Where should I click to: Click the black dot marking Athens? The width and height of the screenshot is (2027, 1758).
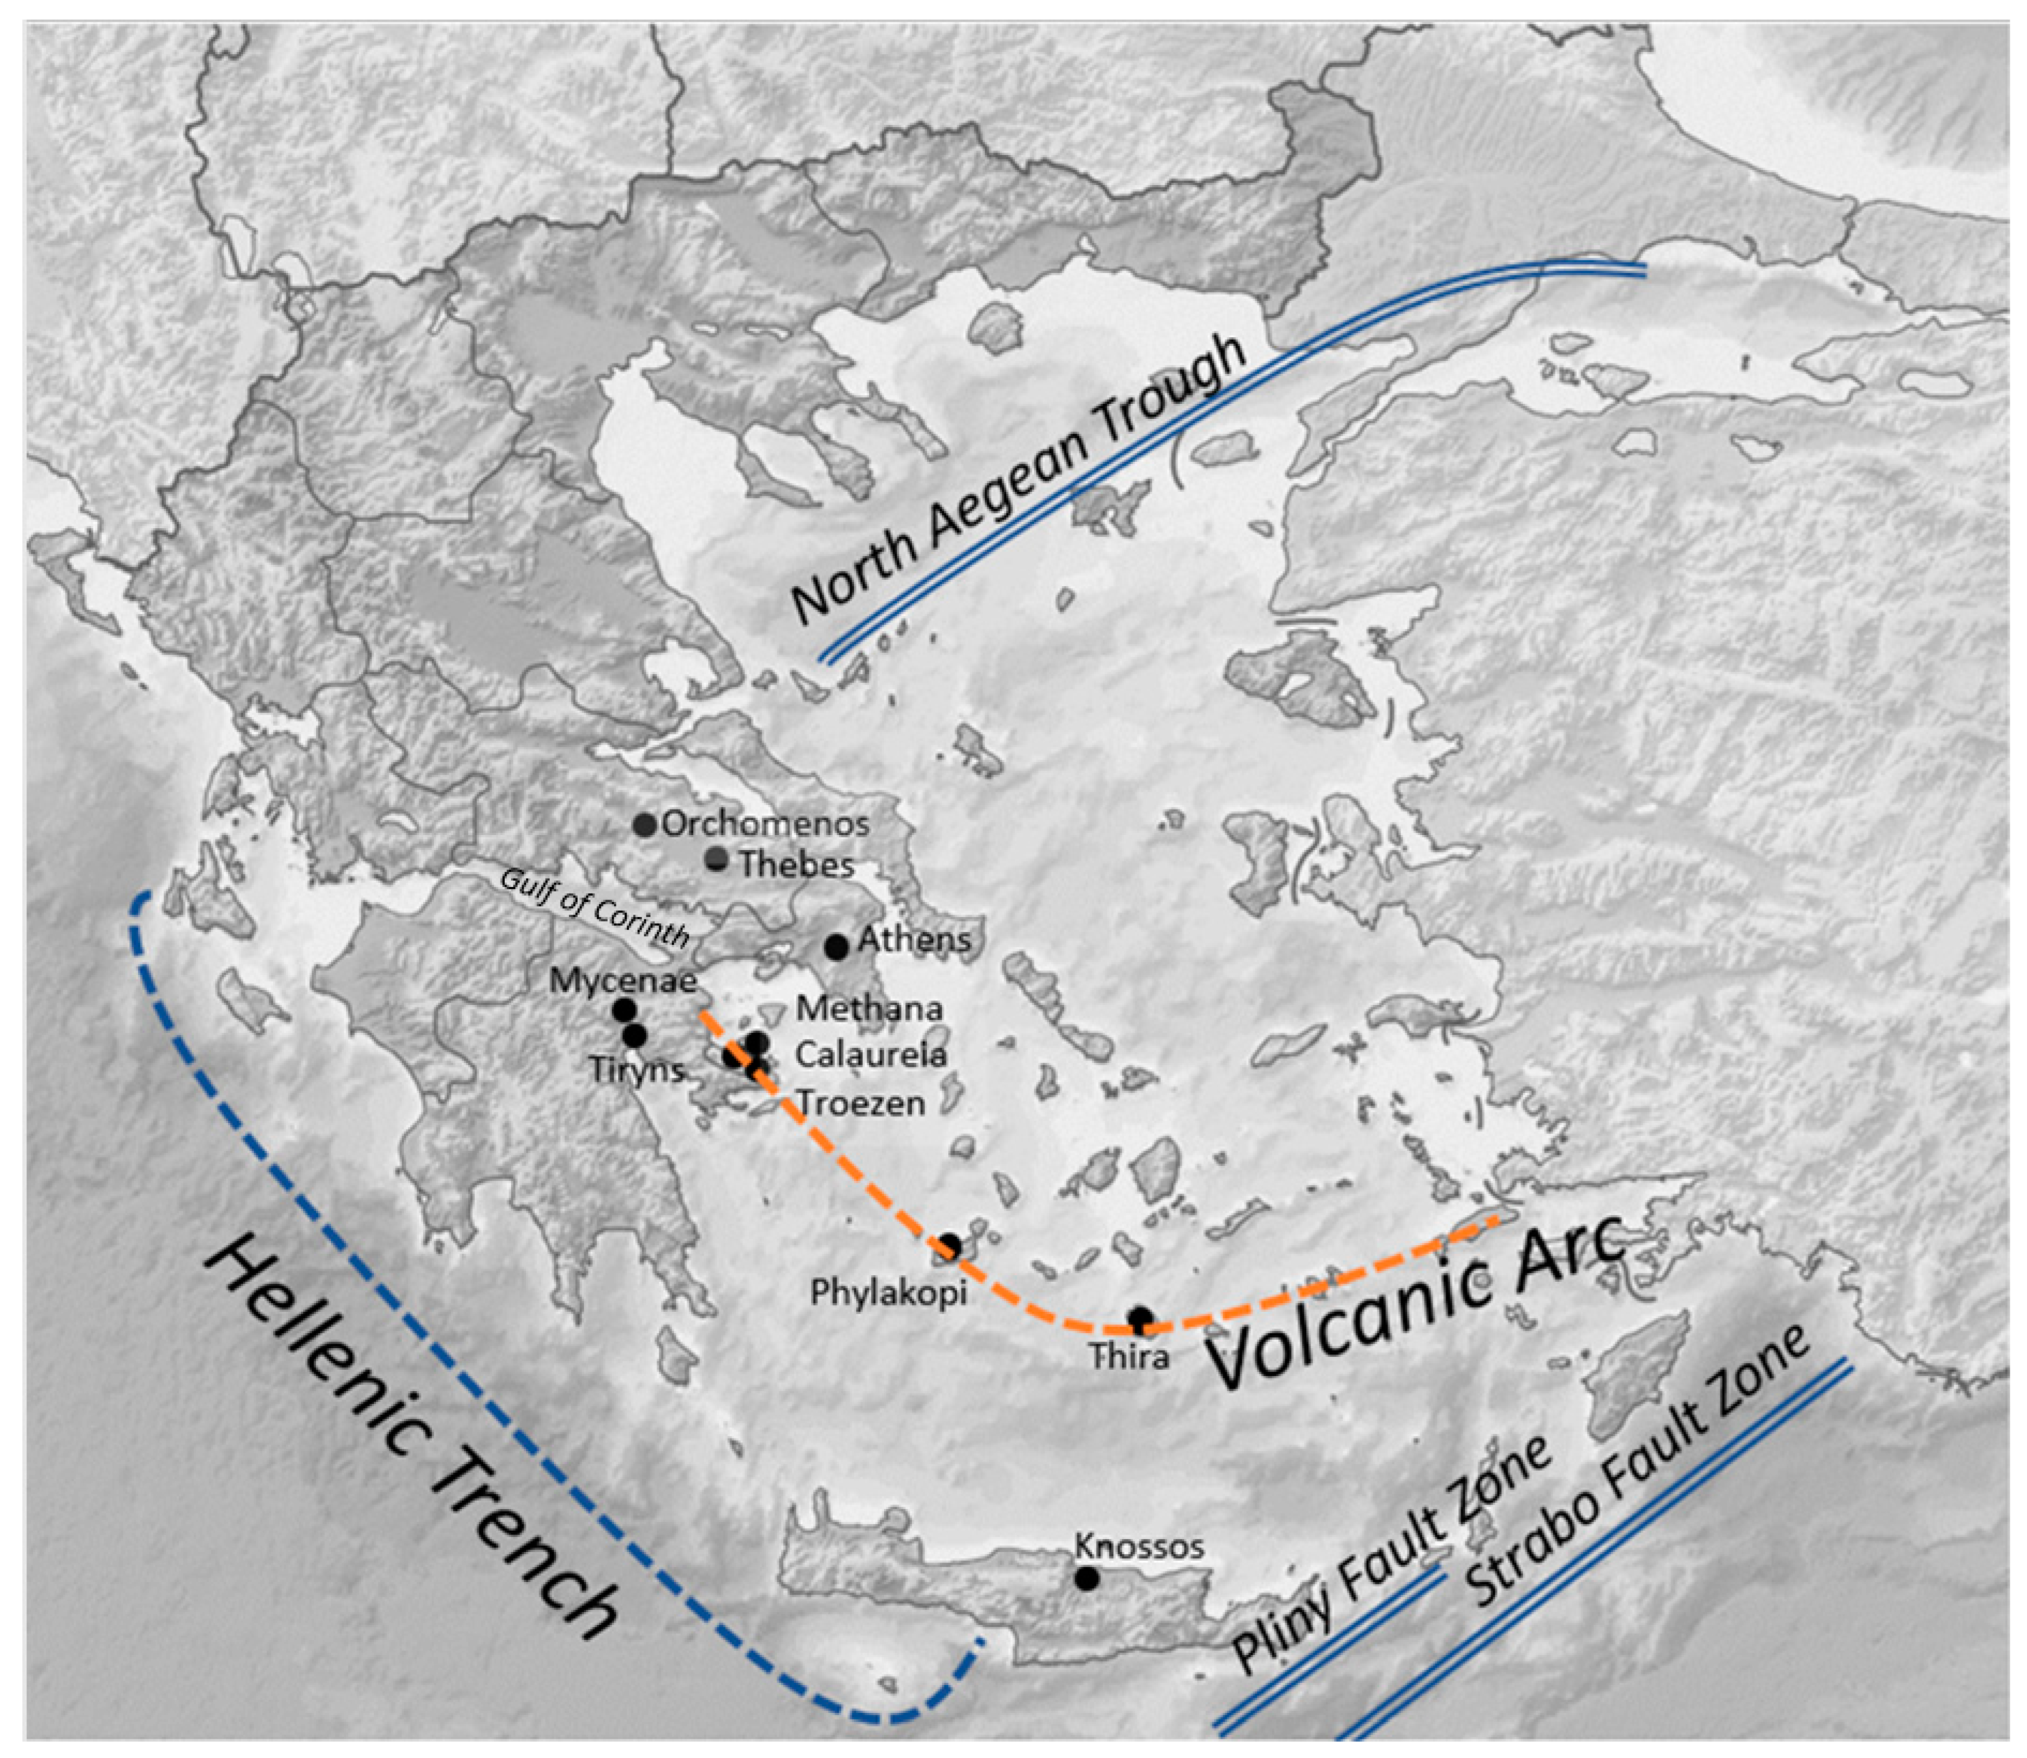[x=836, y=947]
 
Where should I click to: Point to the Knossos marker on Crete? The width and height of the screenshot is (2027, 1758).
[x=1085, y=1578]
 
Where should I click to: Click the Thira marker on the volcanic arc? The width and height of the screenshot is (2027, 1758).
[x=1139, y=1318]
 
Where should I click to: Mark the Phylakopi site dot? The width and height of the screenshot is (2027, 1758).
[x=950, y=1246]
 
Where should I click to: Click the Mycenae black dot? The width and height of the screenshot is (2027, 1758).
[x=624, y=1009]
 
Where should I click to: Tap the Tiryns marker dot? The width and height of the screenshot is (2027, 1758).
[x=635, y=1035]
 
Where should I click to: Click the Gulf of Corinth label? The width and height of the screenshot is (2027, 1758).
[x=594, y=907]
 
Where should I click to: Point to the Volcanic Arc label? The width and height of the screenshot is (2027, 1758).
[x=1413, y=1305]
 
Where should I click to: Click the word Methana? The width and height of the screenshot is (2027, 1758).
[x=869, y=1008]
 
